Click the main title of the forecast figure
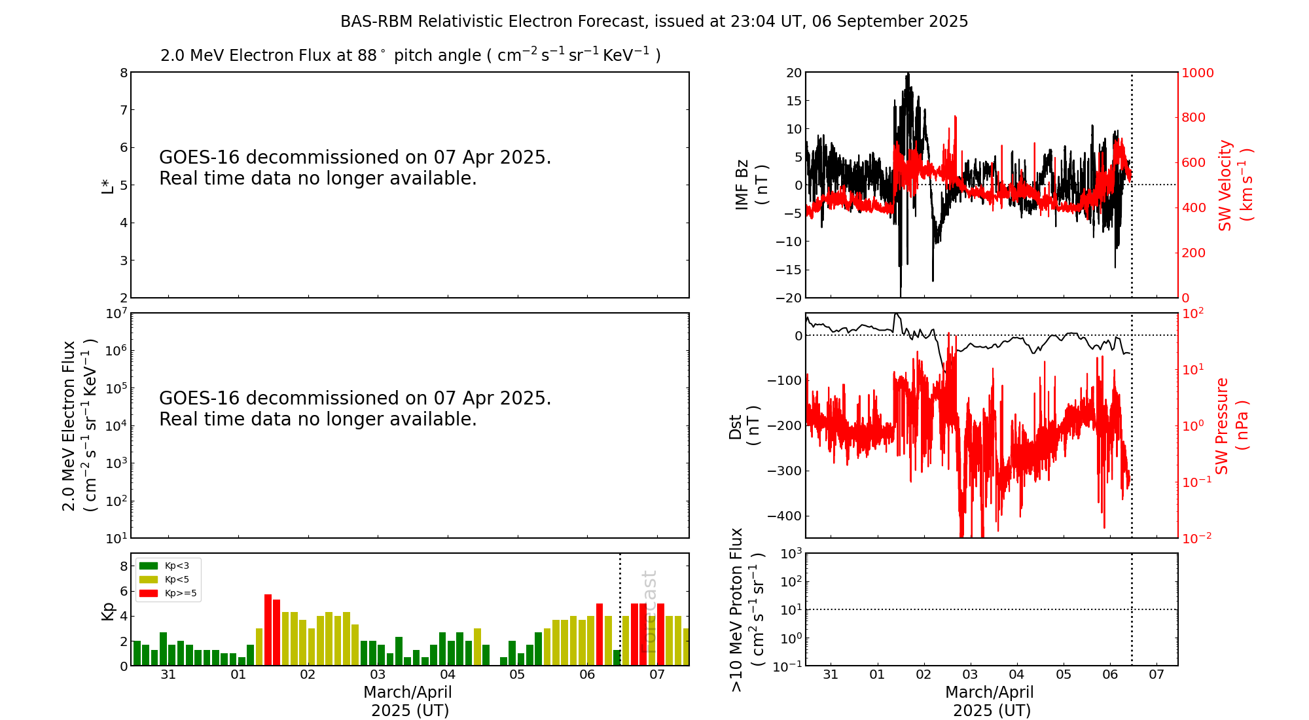(x=654, y=22)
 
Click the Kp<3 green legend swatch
(x=149, y=566)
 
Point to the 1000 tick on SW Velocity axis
(x=1197, y=73)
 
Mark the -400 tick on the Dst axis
(x=785, y=516)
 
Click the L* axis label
(x=107, y=185)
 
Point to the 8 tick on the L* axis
(x=124, y=73)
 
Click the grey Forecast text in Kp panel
(x=649, y=610)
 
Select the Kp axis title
(x=107, y=610)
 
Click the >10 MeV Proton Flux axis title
(x=747, y=610)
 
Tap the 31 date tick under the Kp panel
(x=168, y=675)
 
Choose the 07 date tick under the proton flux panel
(x=1157, y=675)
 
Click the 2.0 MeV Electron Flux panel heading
(x=410, y=55)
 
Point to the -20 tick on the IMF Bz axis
(x=788, y=298)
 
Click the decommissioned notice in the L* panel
(x=355, y=168)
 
